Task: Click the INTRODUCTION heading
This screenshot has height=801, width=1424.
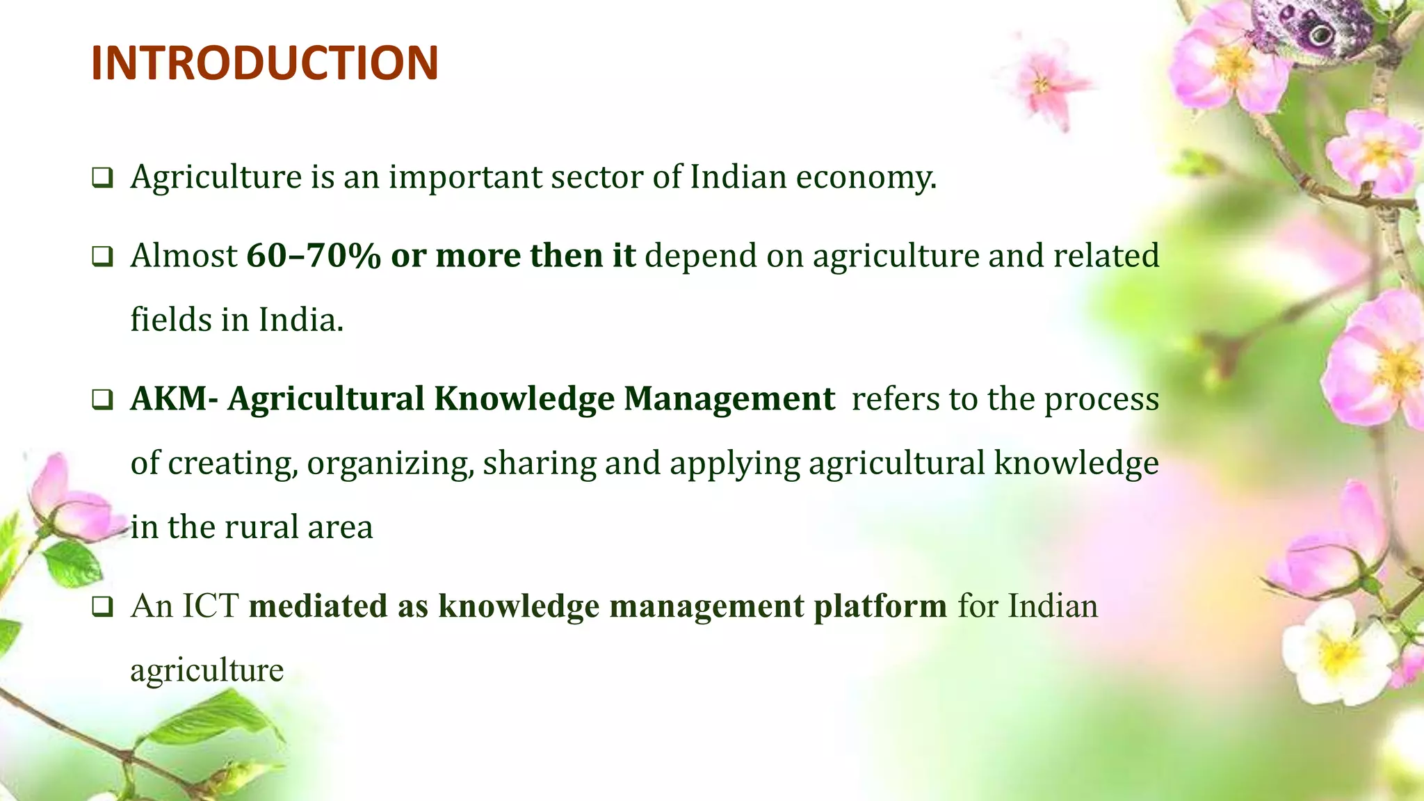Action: [x=264, y=63]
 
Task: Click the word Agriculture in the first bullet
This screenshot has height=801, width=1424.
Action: [x=216, y=177]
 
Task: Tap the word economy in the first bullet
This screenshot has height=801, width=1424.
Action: [x=866, y=177]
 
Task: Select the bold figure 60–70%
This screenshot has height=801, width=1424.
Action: [x=314, y=256]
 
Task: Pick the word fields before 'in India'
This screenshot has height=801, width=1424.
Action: [x=171, y=320]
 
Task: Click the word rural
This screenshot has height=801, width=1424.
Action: [x=261, y=527]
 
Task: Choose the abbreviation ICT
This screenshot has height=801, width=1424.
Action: [x=210, y=606]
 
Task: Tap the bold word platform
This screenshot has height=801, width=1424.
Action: [x=880, y=606]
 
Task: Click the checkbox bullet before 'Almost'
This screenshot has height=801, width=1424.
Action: [x=102, y=257]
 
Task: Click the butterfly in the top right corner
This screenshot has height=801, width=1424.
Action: [x=1314, y=31]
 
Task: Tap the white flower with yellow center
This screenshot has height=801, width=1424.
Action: [x=1335, y=654]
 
